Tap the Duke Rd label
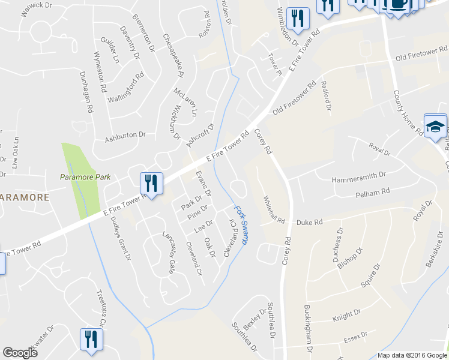click(x=310, y=222)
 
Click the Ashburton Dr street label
click(x=125, y=137)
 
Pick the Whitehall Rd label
click(x=273, y=210)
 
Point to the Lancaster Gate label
click(x=167, y=253)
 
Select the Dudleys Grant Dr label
click(x=121, y=238)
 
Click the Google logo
click(x=20, y=353)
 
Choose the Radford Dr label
click(x=327, y=96)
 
